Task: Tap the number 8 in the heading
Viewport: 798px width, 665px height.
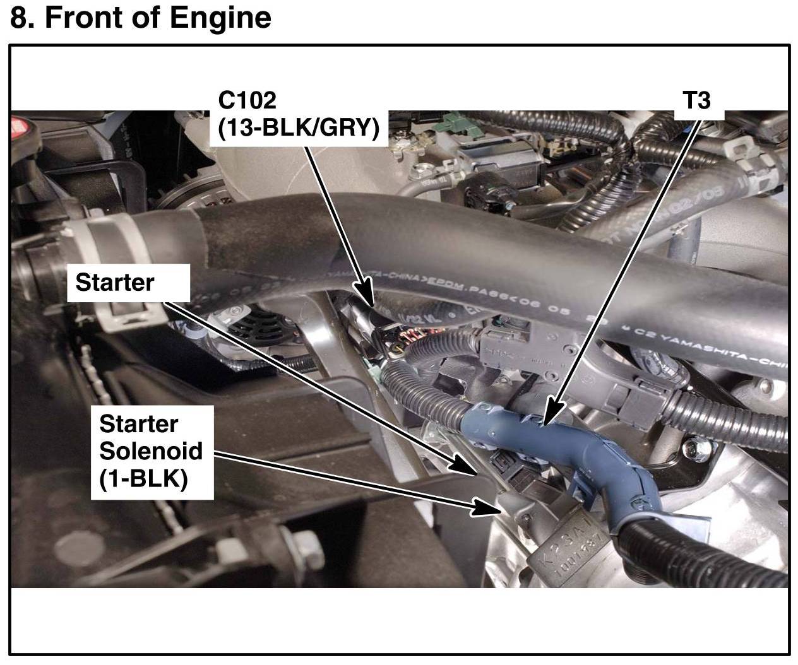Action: [x=19, y=18]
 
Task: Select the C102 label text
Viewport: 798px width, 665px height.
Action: [x=247, y=100]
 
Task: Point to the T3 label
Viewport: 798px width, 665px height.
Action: [x=697, y=100]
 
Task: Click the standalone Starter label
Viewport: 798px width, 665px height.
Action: [x=114, y=282]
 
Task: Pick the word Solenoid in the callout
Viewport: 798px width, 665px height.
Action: [x=151, y=451]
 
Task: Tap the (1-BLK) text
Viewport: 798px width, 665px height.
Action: [x=143, y=479]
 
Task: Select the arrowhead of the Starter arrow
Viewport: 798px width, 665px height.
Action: [x=465, y=466]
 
